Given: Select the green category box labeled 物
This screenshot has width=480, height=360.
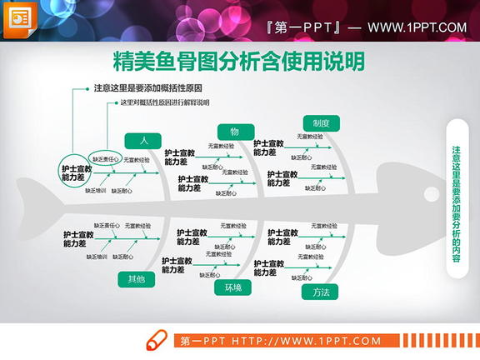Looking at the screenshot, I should pyautogui.click(x=235, y=132).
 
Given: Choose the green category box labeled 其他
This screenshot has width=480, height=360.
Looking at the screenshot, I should pyautogui.click(x=136, y=279).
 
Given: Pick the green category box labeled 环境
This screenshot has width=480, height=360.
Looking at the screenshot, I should pyautogui.click(x=232, y=287).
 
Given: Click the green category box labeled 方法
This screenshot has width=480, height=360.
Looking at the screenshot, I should pyautogui.click(x=321, y=292).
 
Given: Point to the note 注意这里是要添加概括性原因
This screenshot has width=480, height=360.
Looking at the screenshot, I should pyautogui.click(x=147, y=87).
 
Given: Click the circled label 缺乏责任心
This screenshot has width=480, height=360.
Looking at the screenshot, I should pyautogui.click(x=107, y=158).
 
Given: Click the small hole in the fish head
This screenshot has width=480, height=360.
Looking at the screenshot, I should pyautogui.click(x=431, y=195).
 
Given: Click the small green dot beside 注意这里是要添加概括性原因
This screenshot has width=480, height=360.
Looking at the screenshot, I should pyautogui.click(x=87, y=87).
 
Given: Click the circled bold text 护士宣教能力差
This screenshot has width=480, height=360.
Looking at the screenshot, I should pyautogui.click(x=74, y=172).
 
